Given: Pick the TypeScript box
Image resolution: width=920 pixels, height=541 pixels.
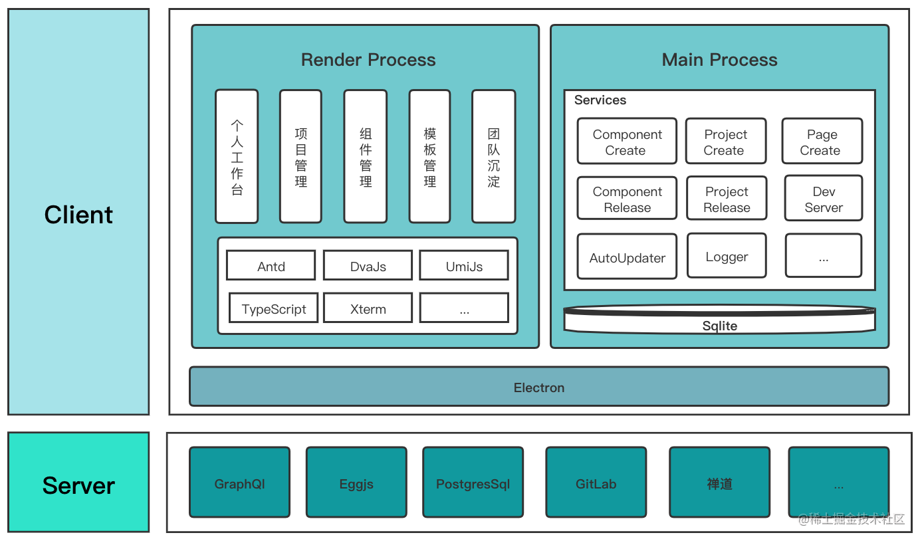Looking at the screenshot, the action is click(x=273, y=308).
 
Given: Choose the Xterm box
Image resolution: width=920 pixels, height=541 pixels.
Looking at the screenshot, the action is click(x=368, y=308).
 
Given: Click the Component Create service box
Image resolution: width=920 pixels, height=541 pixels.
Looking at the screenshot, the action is click(x=627, y=142).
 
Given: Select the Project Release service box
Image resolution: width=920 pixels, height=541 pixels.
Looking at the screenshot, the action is click(x=727, y=199).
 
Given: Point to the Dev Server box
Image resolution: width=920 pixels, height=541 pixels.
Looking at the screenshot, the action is click(x=824, y=199).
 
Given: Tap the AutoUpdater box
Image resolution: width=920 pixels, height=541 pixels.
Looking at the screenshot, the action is click(x=627, y=257).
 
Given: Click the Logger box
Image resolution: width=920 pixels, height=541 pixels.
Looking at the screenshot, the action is click(x=727, y=256).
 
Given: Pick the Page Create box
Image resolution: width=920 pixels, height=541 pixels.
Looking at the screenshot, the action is click(x=822, y=142).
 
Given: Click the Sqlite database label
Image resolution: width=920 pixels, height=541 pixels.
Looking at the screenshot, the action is click(x=719, y=326).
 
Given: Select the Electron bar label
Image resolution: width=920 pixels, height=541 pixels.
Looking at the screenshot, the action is click(x=539, y=387).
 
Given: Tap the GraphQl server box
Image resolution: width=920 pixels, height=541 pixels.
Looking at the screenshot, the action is click(x=239, y=483).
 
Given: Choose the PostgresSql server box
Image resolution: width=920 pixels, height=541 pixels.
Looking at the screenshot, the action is click(x=473, y=483).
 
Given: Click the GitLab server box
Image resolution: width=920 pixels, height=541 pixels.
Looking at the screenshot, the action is click(x=596, y=483).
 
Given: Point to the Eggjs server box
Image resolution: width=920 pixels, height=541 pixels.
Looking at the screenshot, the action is click(x=356, y=483).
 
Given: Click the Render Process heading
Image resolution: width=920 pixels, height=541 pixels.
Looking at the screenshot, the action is click(x=368, y=60).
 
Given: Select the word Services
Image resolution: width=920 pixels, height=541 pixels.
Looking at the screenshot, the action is click(x=600, y=100).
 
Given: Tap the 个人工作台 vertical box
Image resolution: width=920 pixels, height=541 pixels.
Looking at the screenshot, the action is click(x=237, y=156).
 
